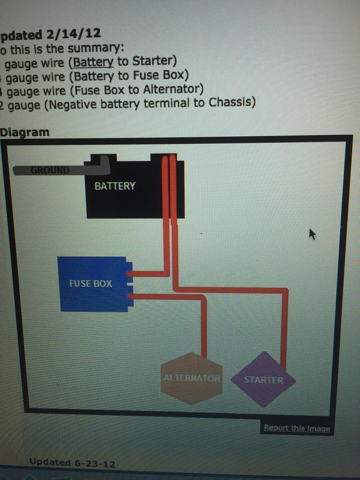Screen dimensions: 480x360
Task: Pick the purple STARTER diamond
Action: (263, 380)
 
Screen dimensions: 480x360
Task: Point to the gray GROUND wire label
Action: (51, 170)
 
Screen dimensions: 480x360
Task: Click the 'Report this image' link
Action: (296, 428)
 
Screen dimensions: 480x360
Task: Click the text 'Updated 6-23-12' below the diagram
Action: (71, 463)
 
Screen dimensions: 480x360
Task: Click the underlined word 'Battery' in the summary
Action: (93, 61)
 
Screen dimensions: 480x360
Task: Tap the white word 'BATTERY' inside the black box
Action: (115, 186)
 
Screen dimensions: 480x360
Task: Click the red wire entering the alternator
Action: (205, 336)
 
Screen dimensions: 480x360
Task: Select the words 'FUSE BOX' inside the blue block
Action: (91, 283)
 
